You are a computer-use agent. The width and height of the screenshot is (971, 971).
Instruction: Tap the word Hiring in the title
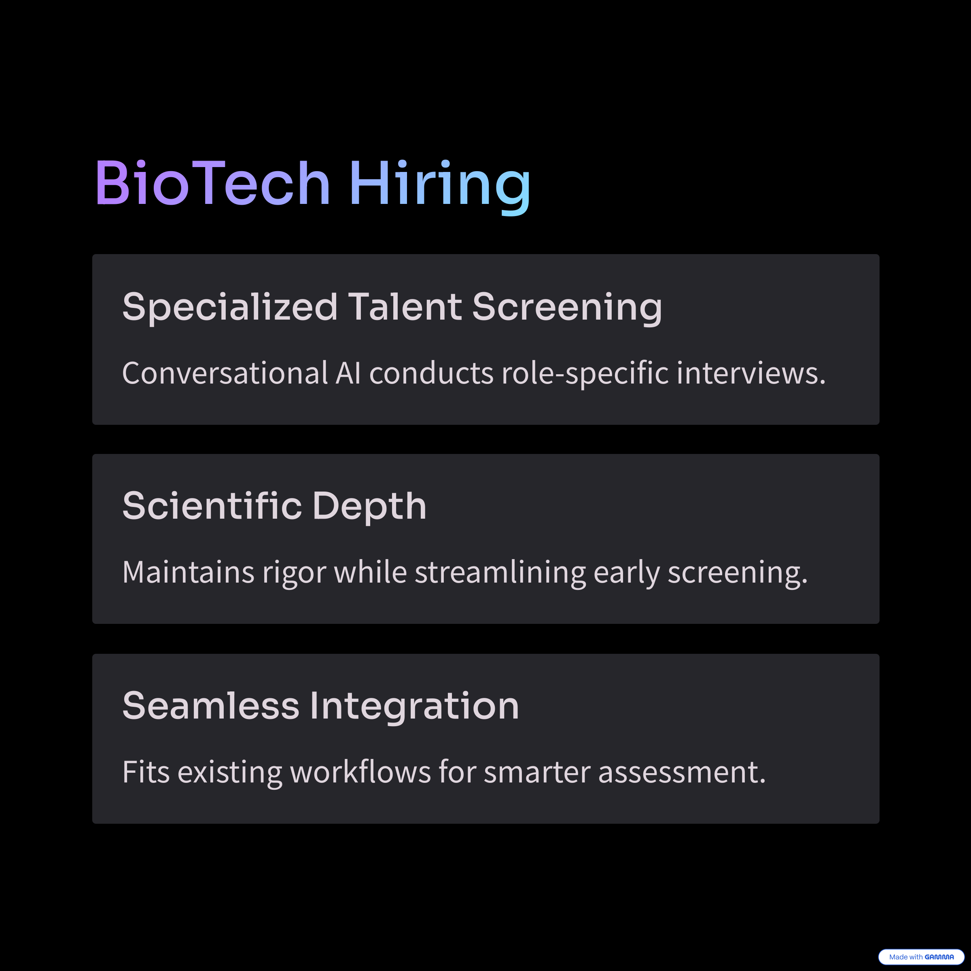tap(440, 187)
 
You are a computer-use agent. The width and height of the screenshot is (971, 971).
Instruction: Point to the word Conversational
tap(225, 373)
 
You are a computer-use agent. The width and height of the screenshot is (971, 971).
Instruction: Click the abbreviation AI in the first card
tap(348, 373)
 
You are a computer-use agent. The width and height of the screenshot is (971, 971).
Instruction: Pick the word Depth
tap(369, 507)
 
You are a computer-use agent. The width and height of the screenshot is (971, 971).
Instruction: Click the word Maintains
tap(189, 572)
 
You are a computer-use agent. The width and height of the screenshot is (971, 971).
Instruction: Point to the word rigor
tap(295, 575)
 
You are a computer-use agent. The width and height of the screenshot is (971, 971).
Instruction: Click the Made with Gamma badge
tap(921, 957)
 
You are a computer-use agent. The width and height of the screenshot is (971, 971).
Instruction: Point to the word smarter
tap(537, 773)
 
